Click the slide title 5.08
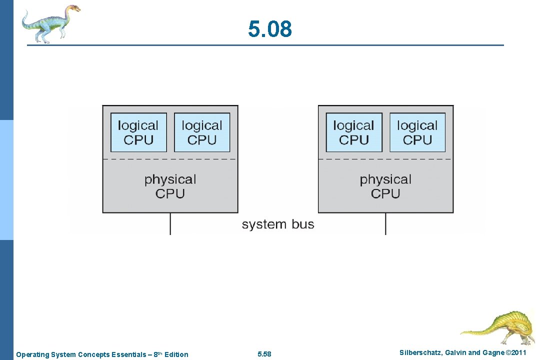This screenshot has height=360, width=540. point(270,29)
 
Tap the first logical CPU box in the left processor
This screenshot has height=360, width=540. point(138,132)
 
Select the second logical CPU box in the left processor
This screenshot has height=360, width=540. point(202,132)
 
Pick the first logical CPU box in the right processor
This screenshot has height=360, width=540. point(354,132)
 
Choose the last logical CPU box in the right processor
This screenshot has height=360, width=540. point(417,132)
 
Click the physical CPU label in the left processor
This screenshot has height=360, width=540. point(170,186)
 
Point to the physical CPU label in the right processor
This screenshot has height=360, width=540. point(385,186)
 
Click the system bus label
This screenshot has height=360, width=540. point(278,224)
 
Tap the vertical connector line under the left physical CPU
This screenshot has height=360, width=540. point(170,224)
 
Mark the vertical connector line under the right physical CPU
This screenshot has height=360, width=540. point(385,224)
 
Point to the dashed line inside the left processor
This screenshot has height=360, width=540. point(170,159)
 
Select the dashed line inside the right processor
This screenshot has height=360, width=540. point(385,159)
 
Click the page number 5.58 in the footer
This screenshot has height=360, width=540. point(264,354)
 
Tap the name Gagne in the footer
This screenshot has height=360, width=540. point(493,353)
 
